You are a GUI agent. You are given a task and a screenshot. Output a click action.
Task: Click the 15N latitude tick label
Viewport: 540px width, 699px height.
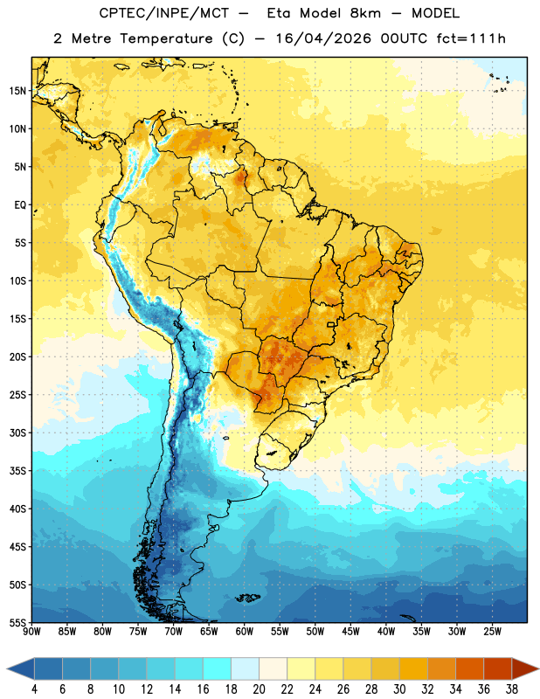17,91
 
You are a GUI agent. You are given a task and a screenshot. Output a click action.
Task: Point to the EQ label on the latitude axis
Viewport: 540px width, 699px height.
20,205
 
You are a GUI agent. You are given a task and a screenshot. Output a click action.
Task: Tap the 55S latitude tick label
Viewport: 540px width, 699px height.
17,622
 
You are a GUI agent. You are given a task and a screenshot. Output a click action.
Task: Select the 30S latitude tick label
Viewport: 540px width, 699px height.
17,433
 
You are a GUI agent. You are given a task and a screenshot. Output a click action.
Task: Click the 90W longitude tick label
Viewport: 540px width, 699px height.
31,632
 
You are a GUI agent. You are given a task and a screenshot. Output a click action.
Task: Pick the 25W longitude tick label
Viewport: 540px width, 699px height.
492,632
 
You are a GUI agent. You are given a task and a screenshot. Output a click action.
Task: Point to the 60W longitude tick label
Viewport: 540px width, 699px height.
245,632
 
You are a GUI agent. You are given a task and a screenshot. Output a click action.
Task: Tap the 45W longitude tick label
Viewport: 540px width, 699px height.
350,632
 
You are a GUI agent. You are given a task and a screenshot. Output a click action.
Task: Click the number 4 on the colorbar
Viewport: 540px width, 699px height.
34,689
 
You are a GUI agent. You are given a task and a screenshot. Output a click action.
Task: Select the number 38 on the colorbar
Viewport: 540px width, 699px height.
512,689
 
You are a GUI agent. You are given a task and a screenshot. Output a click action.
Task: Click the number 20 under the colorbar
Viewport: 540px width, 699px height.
259,689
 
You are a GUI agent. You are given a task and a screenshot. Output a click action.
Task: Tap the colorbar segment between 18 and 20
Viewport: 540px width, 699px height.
246,669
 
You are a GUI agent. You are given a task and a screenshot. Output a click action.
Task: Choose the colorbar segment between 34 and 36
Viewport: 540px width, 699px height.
470,669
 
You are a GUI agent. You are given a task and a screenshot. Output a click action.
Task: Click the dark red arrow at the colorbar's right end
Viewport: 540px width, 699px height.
525,669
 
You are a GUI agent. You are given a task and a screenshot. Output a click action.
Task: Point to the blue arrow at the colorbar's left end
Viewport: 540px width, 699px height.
20,669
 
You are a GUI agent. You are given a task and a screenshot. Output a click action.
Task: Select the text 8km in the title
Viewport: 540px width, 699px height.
365,13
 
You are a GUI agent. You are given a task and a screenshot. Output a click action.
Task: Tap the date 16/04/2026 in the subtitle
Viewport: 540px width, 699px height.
323,38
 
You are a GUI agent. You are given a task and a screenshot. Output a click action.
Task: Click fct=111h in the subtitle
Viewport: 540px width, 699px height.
471,38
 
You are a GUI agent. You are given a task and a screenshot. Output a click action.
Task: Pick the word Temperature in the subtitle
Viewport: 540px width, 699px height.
166,39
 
